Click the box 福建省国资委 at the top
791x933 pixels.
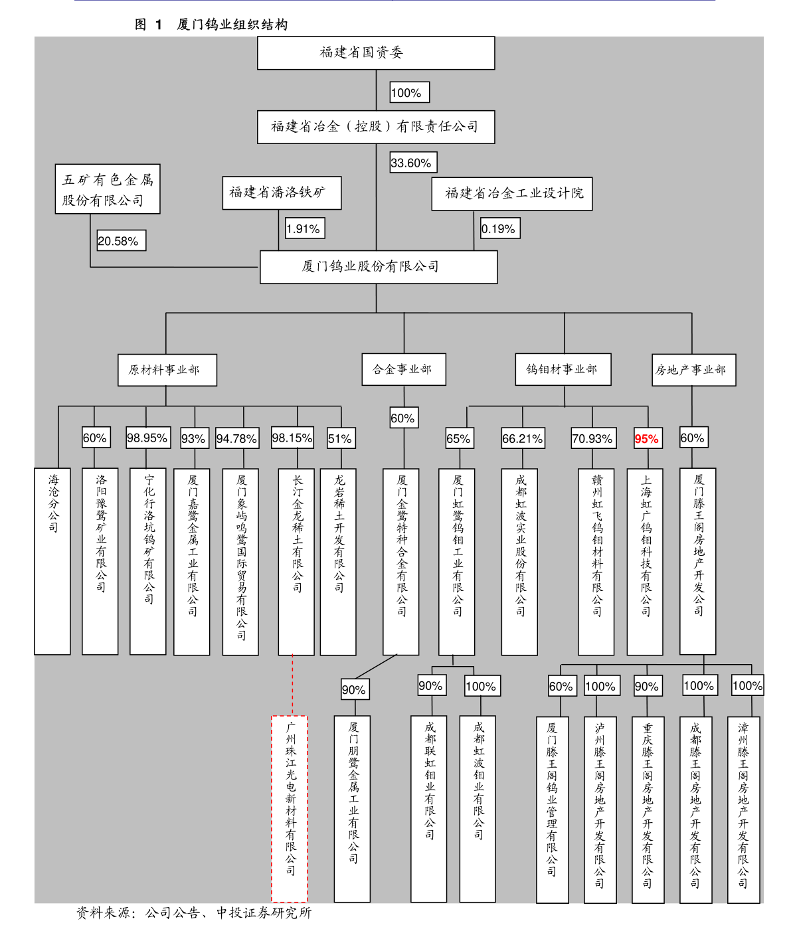(376, 53)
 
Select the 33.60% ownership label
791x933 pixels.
(413, 163)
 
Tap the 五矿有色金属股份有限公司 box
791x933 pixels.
(108, 189)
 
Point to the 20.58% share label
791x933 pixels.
(121, 240)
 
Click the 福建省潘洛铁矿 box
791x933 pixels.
(282, 193)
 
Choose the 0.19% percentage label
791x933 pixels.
(500, 228)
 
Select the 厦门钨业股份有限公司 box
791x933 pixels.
(379, 267)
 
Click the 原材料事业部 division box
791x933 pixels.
(167, 370)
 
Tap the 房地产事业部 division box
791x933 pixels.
(693, 370)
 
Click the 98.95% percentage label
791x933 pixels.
(148, 438)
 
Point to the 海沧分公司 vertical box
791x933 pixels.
(52, 561)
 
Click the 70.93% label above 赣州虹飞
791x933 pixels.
(592, 438)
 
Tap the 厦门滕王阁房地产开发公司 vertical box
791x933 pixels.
(697, 561)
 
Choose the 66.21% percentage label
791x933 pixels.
(523, 438)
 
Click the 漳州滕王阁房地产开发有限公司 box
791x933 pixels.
(744, 809)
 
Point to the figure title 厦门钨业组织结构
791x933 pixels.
(232, 25)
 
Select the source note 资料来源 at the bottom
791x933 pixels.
(194, 912)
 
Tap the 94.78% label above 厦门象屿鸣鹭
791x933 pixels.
(237, 438)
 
